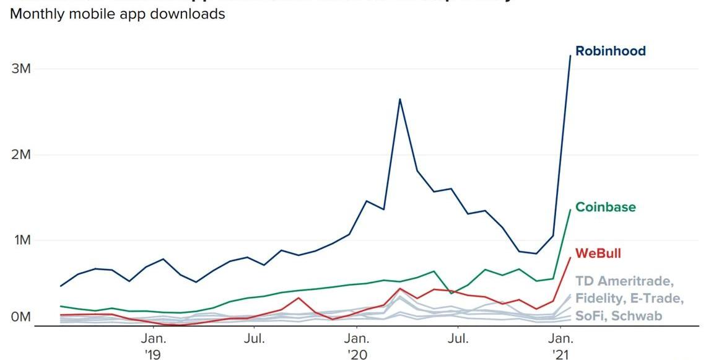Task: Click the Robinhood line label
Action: tap(610, 51)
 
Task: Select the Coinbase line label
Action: tap(606, 207)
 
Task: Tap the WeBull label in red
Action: tap(598, 253)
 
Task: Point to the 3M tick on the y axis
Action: tap(21, 68)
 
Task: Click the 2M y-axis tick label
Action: tap(21, 154)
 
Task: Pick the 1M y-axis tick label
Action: tap(21, 240)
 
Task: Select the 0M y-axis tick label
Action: tap(21, 317)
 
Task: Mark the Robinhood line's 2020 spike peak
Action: tap(400, 99)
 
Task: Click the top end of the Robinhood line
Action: tap(570, 56)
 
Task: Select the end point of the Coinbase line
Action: tap(570, 209)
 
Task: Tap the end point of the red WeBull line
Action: tap(570, 257)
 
